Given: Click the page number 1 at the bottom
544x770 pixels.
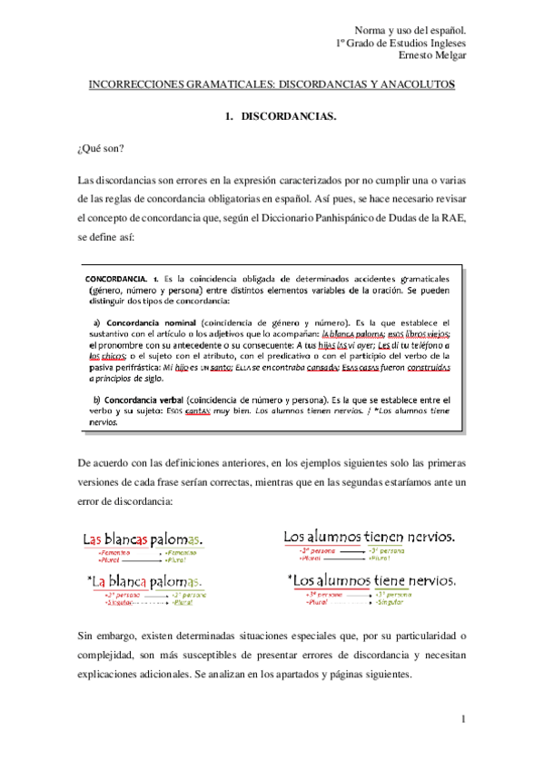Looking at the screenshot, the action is [461, 720].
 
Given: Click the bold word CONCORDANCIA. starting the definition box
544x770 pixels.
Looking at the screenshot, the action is [118, 278].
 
